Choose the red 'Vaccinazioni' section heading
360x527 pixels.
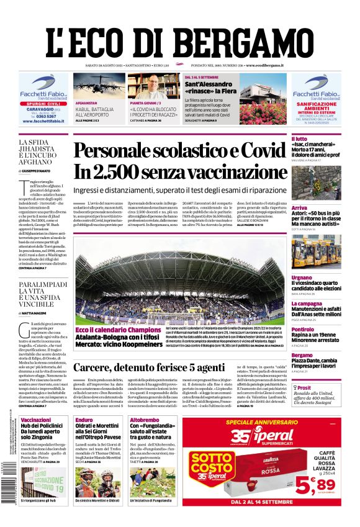point(36,420)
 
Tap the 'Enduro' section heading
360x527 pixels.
point(84,420)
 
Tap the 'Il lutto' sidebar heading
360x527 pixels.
point(300,138)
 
